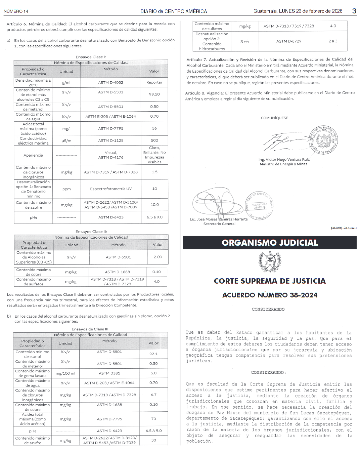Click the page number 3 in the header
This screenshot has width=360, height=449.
point(354,11)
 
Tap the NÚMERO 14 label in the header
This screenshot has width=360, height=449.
point(16,11)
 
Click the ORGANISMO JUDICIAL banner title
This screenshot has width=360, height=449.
point(270,243)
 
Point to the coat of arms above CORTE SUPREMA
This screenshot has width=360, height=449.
point(269,262)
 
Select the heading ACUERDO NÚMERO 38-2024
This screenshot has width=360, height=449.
point(270,295)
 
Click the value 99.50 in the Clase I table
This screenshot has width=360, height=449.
point(154,94)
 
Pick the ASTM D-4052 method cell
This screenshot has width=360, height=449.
point(110,82)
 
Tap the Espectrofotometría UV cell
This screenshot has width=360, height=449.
point(110,189)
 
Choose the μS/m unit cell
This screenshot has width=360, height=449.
point(66,140)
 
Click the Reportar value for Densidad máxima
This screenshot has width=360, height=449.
point(154,82)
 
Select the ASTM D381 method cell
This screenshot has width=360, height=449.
point(109,373)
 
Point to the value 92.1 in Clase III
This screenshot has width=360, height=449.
point(153,354)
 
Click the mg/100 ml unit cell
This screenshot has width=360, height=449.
point(65,373)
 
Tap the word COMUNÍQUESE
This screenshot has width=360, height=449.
point(274,118)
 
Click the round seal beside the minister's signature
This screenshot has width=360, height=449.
point(324,141)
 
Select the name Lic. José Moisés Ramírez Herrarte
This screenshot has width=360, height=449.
point(219,219)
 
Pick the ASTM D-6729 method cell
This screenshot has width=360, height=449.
point(289,41)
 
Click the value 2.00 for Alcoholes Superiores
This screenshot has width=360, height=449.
point(157,257)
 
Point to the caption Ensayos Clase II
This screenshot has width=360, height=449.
point(91,232)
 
